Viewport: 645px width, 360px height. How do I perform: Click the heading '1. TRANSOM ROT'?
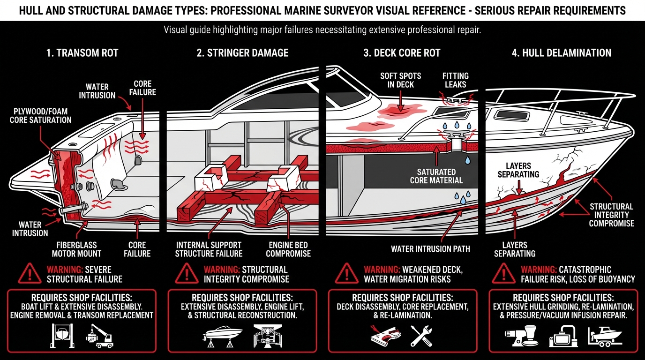(x=82, y=52)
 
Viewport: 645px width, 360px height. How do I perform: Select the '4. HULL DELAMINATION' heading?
(x=562, y=52)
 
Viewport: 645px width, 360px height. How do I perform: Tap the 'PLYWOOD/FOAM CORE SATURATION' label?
(x=40, y=115)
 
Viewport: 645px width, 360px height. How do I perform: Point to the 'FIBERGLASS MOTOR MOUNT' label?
(x=76, y=249)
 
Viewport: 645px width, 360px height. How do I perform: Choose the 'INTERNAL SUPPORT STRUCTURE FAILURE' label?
(x=209, y=249)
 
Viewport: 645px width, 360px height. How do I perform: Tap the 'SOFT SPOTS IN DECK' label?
(x=400, y=80)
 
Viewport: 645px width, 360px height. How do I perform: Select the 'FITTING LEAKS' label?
(x=455, y=80)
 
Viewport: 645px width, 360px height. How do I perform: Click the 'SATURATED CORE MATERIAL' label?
(x=436, y=176)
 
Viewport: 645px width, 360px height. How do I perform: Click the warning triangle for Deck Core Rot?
(x=347, y=273)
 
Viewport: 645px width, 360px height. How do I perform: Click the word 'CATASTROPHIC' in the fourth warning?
(x=585, y=270)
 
